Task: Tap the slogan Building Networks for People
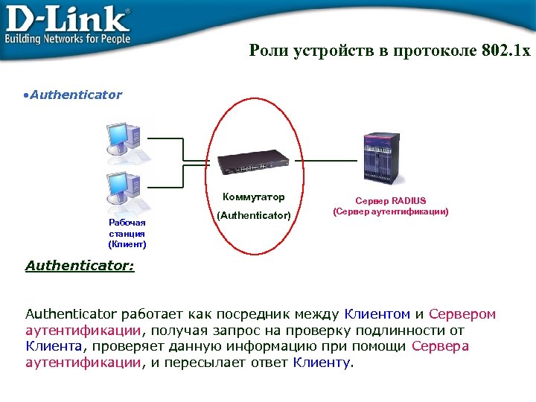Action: [x=68, y=38]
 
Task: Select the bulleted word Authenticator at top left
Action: [x=75, y=95]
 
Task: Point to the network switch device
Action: [x=252, y=162]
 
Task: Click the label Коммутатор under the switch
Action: [x=253, y=197]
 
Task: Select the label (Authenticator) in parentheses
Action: [x=253, y=215]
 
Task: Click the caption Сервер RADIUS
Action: [x=391, y=201]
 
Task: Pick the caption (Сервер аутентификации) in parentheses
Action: [x=391, y=211]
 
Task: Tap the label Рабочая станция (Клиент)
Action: [x=127, y=233]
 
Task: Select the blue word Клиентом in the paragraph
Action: [x=377, y=315]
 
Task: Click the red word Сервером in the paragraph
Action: [x=462, y=315]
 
